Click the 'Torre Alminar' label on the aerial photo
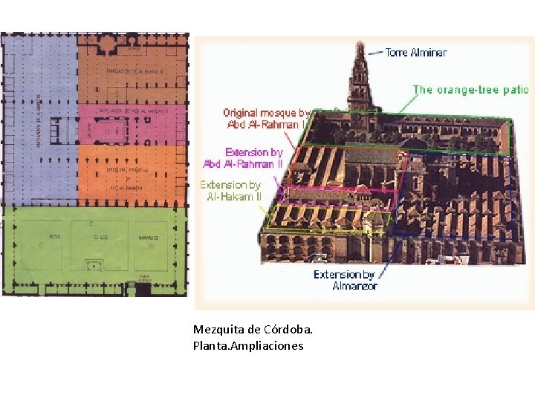[416, 53]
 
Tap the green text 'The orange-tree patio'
[470, 90]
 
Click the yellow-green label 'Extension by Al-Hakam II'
[230, 190]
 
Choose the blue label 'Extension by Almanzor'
[345, 280]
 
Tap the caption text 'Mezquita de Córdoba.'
[253, 329]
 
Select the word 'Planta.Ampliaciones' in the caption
[248, 345]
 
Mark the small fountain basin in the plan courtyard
[93, 265]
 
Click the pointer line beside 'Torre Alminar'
[375, 53]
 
